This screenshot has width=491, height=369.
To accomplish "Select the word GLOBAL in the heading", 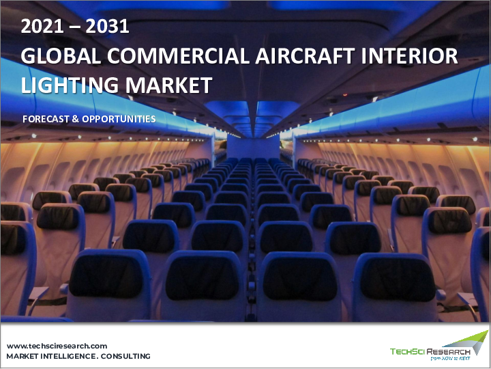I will coord(57,57).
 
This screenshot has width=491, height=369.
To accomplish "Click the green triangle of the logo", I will coord(479,339).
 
